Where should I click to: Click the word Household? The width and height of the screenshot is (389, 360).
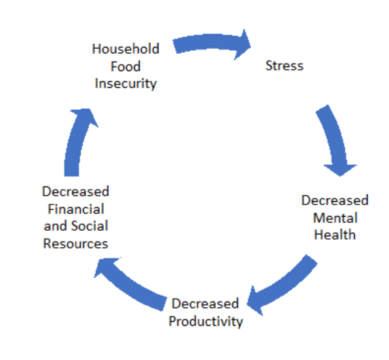(125, 48)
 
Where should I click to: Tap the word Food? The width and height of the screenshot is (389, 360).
(125, 66)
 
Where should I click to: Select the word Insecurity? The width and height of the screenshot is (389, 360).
(126, 84)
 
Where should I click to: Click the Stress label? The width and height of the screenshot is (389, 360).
(284, 65)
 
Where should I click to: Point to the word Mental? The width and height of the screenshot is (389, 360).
(335, 218)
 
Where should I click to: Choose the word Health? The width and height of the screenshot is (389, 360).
(335, 235)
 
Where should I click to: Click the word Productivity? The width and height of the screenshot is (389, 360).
(206, 322)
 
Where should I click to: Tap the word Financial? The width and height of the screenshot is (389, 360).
(76, 209)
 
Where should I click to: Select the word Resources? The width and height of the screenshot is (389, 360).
(76, 243)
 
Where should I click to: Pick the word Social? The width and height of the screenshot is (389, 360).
(89, 226)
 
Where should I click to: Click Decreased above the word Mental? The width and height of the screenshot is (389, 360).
(335, 200)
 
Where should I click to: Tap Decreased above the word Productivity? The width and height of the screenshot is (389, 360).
(206, 303)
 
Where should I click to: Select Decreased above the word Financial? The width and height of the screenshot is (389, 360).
(76, 192)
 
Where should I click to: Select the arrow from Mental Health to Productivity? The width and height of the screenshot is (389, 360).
(287, 286)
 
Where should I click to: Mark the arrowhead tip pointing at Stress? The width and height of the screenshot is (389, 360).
(251, 46)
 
